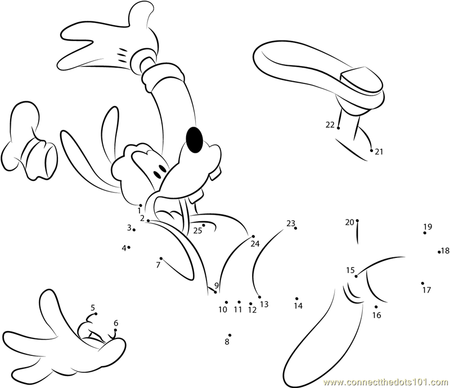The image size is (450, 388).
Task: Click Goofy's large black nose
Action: (x=195, y=140)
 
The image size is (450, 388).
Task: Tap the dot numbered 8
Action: (x=230, y=335)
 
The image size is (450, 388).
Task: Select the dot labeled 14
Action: (x=297, y=298)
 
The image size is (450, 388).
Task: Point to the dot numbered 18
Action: (x=439, y=252)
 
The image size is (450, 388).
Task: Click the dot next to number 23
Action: (x=296, y=228)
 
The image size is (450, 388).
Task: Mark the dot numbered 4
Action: (x=129, y=247)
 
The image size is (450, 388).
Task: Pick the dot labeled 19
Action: (x=425, y=233)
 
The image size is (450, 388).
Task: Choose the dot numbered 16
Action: (x=376, y=307)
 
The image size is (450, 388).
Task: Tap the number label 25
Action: (x=197, y=230)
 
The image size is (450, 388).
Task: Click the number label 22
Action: (x=330, y=125)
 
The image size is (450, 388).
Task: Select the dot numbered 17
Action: (x=423, y=283)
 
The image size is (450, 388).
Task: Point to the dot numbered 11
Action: (x=239, y=302)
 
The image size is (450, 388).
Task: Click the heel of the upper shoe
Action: (x=361, y=79)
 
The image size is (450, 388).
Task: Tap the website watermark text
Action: (x=386, y=383)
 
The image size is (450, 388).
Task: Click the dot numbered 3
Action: (x=134, y=230)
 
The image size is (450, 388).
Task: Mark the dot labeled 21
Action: (x=371, y=150)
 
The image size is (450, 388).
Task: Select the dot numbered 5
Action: (x=96, y=314)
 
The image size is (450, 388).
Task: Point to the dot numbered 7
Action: (x=161, y=258)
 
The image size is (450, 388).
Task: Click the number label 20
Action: (x=349, y=222)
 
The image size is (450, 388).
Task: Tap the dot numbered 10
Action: (x=227, y=302)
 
